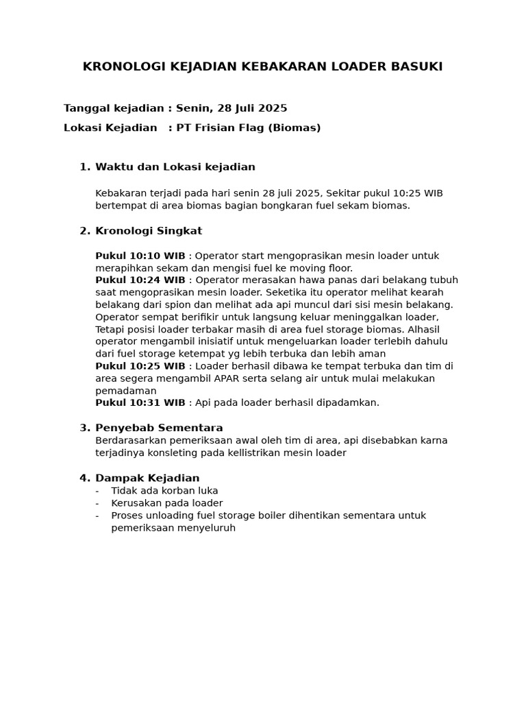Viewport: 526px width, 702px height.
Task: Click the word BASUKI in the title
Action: (416, 66)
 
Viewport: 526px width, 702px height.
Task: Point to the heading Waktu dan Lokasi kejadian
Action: (175, 167)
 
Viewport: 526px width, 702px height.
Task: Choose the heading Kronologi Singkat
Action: (149, 231)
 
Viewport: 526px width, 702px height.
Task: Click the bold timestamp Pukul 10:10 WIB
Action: (140, 256)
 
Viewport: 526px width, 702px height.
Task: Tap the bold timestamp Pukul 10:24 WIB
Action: (140, 280)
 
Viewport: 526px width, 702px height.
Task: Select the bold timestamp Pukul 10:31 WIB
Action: (140, 402)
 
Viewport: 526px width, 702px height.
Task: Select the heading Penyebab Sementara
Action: (159, 428)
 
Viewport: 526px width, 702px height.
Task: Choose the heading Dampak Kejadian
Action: (147, 478)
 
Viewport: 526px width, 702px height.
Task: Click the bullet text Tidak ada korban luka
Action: (164, 491)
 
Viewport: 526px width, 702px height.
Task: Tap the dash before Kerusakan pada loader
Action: (97, 503)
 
